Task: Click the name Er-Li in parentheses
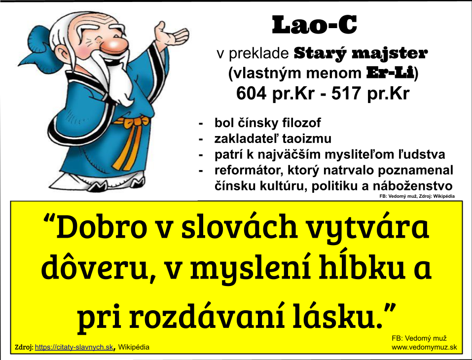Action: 390,73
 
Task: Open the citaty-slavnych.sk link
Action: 74,347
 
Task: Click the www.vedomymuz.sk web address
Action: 424,347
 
